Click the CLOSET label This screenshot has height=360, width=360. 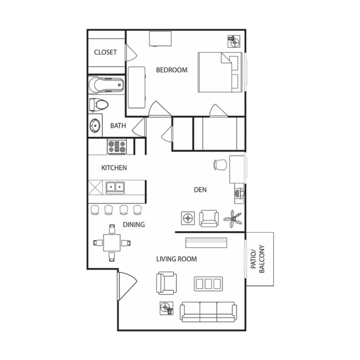105,52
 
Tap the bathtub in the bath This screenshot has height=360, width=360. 106,85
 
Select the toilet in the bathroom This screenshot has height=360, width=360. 98,105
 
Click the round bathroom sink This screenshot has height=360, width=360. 95,125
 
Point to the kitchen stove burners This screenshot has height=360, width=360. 117,147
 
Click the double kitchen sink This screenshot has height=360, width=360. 115,187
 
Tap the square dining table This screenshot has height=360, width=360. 112,243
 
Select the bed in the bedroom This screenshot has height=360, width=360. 220,72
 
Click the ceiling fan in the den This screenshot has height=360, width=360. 232,219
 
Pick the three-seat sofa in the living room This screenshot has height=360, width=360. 208,312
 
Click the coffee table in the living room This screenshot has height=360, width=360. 208,284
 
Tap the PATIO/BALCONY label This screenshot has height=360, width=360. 258,259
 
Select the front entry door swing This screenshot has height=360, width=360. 127,285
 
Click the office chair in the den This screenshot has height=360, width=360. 220,165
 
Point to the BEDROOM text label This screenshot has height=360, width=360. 172,70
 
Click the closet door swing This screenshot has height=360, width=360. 131,53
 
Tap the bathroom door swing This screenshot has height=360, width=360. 139,127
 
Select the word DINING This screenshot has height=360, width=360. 134,225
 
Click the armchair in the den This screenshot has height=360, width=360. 209,218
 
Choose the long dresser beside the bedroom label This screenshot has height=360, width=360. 136,87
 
